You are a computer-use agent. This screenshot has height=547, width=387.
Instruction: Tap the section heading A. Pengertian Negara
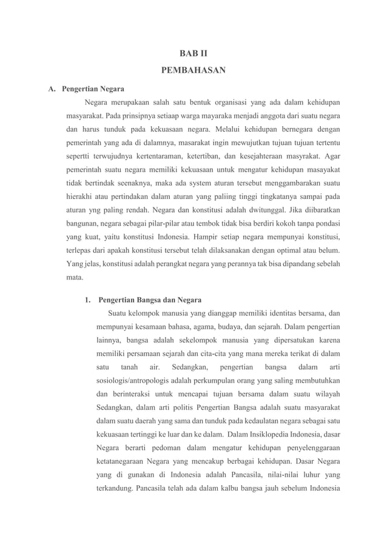86,90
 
